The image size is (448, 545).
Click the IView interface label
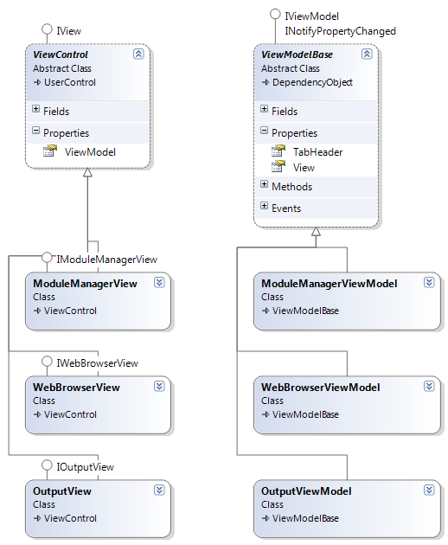click(69, 31)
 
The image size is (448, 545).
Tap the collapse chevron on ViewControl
click(138, 54)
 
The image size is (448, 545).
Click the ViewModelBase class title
click(297, 54)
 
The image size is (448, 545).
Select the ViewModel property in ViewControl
click(90, 152)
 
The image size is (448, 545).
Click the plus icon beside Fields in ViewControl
click(35, 109)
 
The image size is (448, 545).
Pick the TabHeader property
click(317, 152)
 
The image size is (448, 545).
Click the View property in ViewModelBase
click(304, 168)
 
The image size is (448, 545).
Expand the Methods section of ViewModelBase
click(264, 184)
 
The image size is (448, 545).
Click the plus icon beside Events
click(264, 206)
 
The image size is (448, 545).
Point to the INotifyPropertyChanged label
click(340, 31)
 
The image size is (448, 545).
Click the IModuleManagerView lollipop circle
click(47, 258)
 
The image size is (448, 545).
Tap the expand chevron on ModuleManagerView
click(159, 283)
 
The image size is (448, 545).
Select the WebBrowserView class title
click(76, 388)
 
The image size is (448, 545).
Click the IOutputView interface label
click(85, 467)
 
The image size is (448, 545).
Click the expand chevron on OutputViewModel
click(429, 490)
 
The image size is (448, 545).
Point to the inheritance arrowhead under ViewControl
click(87, 172)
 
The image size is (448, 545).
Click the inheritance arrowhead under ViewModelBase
click(316, 232)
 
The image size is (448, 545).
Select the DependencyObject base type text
click(312, 82)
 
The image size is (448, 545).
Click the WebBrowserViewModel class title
click(321, 388)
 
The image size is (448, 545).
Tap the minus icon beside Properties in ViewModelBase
click(264, 131)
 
